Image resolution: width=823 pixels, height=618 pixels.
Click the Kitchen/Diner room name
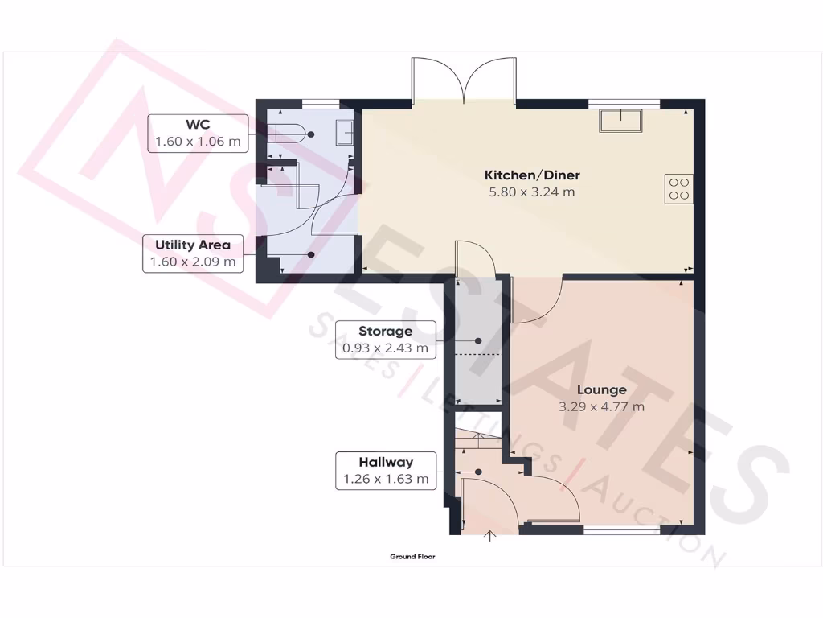point(531,175)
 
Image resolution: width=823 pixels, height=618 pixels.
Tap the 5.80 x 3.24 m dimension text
point(531,192)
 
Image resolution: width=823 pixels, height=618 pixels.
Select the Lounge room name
point(601,390)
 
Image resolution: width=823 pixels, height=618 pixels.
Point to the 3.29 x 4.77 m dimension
point(601,407)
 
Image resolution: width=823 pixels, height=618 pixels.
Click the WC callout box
point(198,134)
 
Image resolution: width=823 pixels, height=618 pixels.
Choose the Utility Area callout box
point(193,253)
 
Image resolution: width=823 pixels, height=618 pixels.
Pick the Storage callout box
point(386,340)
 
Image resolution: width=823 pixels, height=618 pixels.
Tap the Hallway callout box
point(386,471)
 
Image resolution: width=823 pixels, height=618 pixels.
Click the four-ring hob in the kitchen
point(678,187)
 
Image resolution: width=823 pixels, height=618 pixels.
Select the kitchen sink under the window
point(620,120)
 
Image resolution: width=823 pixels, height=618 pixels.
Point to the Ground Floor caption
point(412,557)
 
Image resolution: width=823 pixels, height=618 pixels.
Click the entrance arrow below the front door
point(490,537)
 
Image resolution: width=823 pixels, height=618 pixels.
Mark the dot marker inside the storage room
point(478,340)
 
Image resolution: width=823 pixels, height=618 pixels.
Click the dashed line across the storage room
point(477,354)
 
